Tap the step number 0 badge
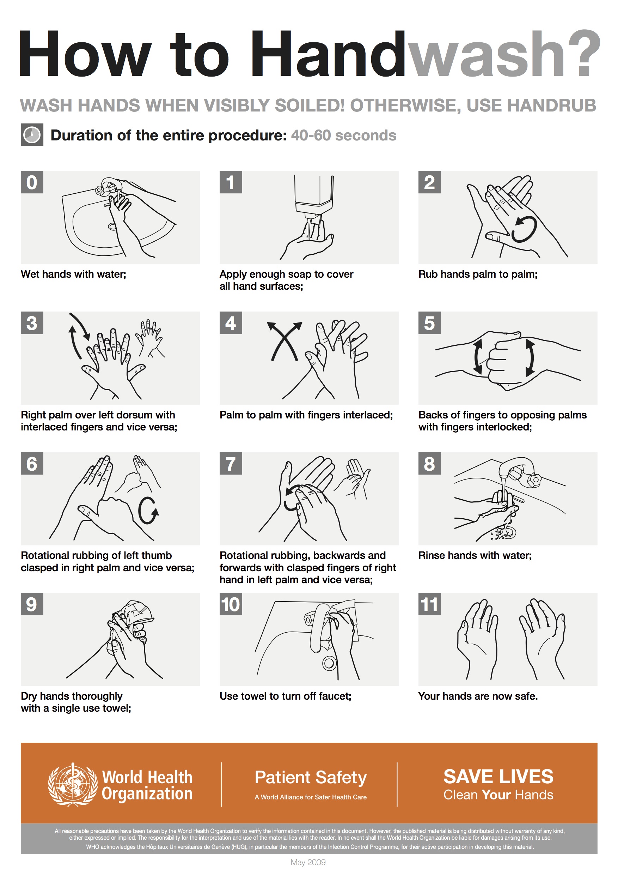tap(32, 182)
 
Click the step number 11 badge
tap(429, 604)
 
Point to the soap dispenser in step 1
tap(314, 194)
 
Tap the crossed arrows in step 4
tap(284, 341)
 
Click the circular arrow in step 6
tap(148, 511)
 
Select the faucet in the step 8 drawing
tap(518, 471)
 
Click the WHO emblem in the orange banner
tap(72, 784)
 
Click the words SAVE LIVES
tap(498, 776)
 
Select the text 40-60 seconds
tap(343, 135)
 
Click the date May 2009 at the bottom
tap(308, 862)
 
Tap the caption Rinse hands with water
tap(475, 555)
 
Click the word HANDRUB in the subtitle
tap(531, 105)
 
